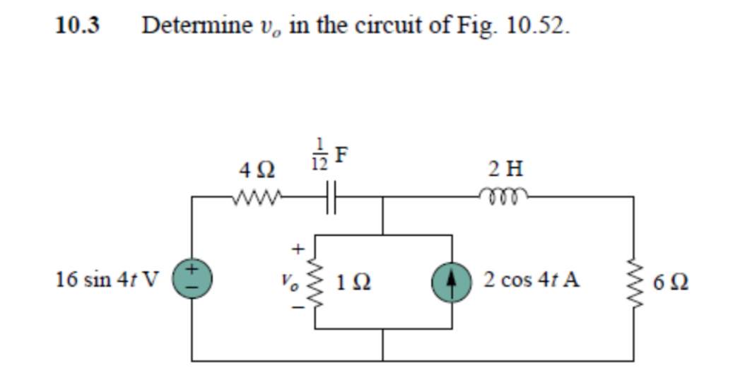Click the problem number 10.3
(x=78, y=25)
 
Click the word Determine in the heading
(x=197, y=25)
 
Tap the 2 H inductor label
(x=505, y=169)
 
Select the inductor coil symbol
(x=505, y=194)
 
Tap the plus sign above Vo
(x=298, y=249)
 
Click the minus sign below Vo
(x=297, y=308)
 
